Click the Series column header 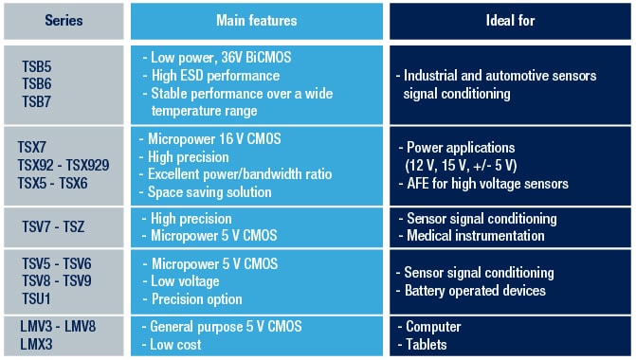[x=64, y=20]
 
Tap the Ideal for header [x=507, y=20]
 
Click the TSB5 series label [x=37, y=66]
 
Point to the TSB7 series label [x=37, y=101]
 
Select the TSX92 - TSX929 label [x=63, y=164]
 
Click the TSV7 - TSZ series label [x=54, y=226]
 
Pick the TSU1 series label [x=36, y=299]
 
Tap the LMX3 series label [x=37, y=345]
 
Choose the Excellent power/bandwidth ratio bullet [x=235, y=173]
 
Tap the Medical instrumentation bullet [x=474, y=236]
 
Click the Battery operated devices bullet [x=475, y=290]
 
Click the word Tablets [x=426, y=345]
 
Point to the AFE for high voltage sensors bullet [x=486, y=184]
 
